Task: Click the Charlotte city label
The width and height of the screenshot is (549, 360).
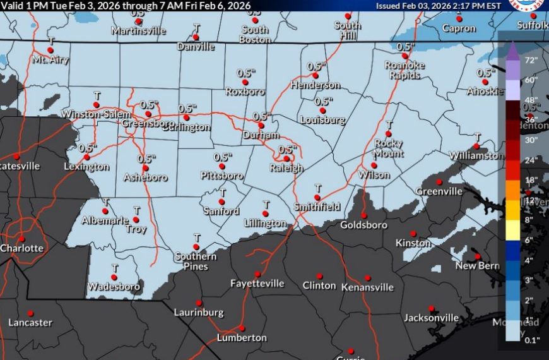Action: click(x=22, y=248)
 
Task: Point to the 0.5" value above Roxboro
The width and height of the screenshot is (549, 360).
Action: click(x=245, y=73)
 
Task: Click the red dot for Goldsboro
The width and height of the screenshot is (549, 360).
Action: click(x=363, y=213)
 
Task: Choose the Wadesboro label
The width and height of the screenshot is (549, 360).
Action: click(x=114, y=287)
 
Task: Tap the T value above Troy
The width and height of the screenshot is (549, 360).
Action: click(x=136, y=210)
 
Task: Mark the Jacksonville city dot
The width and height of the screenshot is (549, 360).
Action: click(x=431, y=308)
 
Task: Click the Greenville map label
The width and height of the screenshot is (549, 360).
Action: click(x=439, y=191)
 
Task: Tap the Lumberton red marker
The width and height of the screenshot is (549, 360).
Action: click(x=242, y=328)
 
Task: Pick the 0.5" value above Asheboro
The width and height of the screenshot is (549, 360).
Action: click(x=146, y=159)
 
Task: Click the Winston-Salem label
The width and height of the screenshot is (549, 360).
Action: click(x=96, y=114)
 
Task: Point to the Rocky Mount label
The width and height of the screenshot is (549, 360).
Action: click(x=388, y=148)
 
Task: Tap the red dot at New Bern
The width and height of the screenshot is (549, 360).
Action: click(x=478, y=256)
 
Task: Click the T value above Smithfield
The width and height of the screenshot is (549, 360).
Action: click(x=318, y=188)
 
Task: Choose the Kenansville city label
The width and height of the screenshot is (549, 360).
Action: click(x=367, y=287)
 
